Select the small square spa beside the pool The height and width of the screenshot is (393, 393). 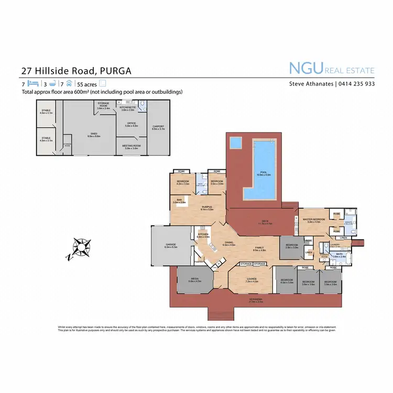(x=236, y=142)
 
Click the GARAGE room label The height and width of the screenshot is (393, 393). (x=171, y=245)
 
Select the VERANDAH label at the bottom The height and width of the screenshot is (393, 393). (x=256, y=300)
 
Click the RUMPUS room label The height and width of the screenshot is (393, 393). (x=207, y=207)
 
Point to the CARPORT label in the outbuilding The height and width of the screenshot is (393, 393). (x=158, y=126)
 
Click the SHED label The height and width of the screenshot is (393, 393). (x=94, y=134)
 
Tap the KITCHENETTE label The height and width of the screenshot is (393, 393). (x=128, y=107)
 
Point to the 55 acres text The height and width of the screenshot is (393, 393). (x=87, y=83)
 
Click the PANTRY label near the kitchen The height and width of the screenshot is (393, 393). (x=199, y=260)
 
